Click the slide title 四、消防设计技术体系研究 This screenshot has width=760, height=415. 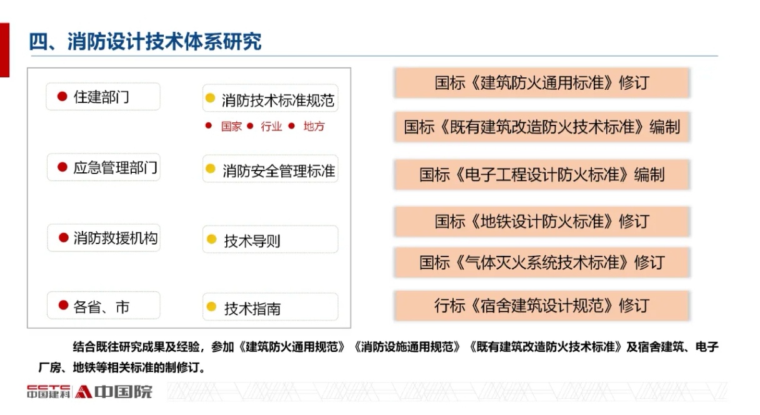tap(145, 42)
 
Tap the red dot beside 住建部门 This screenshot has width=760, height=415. tap(62, 96)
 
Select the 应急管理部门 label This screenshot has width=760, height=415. tap(116, 168)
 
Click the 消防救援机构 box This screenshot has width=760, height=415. tap(104, 238)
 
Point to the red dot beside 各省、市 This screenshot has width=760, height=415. tap(64, 305)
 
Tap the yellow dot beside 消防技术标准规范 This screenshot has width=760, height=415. tap(211, 98)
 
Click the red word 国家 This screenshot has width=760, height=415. tap(231, 126)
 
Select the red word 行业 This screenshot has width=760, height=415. tap(271, 126)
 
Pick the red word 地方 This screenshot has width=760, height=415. tap(314, 126)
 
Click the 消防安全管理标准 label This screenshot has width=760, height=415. tap(279, 171)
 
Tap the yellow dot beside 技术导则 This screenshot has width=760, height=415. tap(211, 239)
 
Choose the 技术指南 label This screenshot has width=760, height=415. tap(252, 309)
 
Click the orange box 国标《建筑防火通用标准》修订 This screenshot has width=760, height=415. tap(542, 83)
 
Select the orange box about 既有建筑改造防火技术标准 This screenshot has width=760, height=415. tap(542, 127)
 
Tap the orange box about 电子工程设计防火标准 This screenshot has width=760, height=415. tap(542, 175)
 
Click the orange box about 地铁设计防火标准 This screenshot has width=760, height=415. tap(542, 222)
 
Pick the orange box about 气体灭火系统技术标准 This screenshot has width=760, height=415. tap(542, 262)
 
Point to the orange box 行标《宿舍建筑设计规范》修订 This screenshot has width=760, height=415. tap(542, 305)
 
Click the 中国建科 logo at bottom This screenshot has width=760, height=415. tap(49, 392)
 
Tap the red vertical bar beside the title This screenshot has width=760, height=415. tap(4, 50)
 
